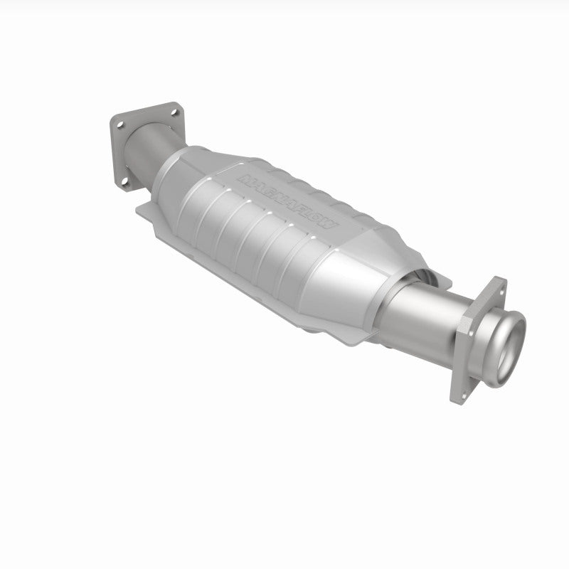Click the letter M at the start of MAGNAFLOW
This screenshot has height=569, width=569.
click(x=245, y=177)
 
